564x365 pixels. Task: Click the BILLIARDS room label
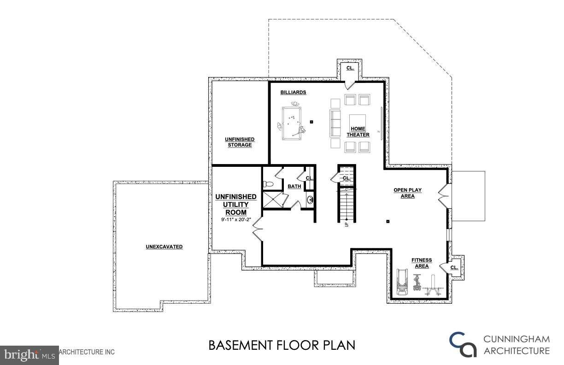[293, 92]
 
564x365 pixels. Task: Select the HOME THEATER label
[358, 132]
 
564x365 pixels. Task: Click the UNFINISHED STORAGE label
[240, 142]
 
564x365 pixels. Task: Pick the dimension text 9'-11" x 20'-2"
[236, 220]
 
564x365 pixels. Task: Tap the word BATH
[294, 187]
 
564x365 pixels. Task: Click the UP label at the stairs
[347, 224]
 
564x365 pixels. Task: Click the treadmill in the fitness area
[402, 282]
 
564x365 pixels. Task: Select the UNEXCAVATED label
[164, 247]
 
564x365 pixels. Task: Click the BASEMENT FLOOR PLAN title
[282, 345]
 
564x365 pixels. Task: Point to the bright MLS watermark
[29, 354]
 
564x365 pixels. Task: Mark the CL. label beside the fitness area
[454, 267]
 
